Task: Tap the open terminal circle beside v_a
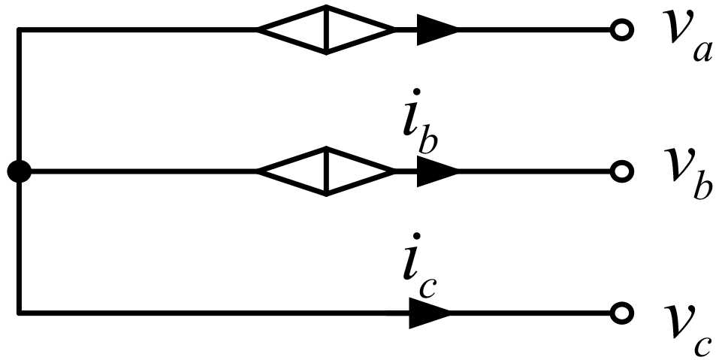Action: (621, 31)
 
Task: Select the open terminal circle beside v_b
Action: (621, 172)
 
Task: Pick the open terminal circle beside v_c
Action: (621, 311)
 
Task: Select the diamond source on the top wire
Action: (326, 31)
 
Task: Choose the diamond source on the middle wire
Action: (326, 172)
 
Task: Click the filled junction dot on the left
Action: (19, 172)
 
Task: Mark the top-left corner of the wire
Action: (19, 31)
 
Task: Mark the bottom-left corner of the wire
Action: (19, 311)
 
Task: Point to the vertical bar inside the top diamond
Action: (326, 31)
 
